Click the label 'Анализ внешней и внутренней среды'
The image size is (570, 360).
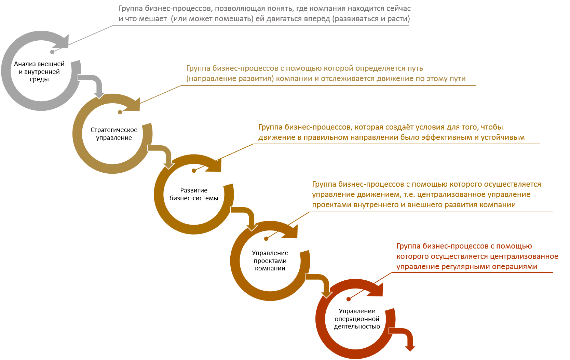(39, 72)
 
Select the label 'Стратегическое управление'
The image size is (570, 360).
(114, 134)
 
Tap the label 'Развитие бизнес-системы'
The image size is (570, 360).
(194, 194)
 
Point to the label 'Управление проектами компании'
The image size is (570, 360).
(270, 261)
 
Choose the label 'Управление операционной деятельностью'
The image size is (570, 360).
(357, 319)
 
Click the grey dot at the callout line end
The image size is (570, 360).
(52, 52)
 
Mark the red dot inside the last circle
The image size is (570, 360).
(349, 299)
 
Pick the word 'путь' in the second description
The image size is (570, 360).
(415, 68)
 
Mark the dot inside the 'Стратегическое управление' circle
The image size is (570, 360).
(120, 112)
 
